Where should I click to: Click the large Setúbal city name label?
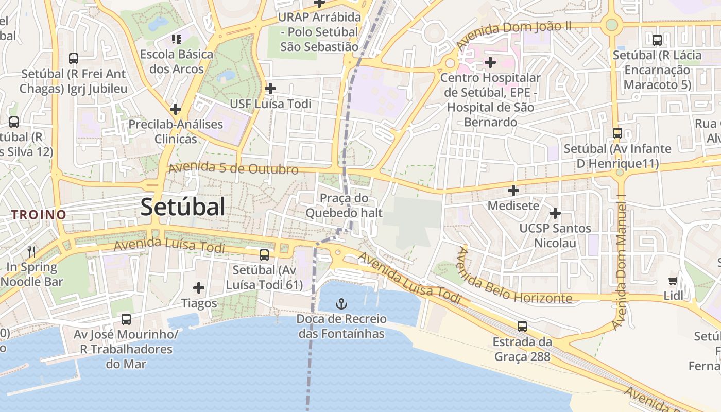182,207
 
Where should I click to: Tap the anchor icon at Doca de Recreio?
341,304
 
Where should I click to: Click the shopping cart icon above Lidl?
673,281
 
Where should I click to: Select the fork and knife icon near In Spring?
31,251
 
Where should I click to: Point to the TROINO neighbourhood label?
39,215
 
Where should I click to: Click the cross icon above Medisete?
513,191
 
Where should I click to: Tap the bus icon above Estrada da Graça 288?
522,326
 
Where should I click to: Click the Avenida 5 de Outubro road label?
233,168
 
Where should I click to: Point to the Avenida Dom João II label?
513,33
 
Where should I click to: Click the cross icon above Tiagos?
199,288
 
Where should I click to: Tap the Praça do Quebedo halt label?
344,205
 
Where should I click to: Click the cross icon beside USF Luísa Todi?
270,89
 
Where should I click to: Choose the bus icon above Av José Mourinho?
126,319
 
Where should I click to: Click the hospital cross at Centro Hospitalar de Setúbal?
490,63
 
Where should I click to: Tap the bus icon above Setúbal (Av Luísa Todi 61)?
264,254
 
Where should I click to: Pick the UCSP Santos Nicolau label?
555,235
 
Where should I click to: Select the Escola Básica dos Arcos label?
177,61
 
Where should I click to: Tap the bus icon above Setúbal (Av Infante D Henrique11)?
617,133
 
